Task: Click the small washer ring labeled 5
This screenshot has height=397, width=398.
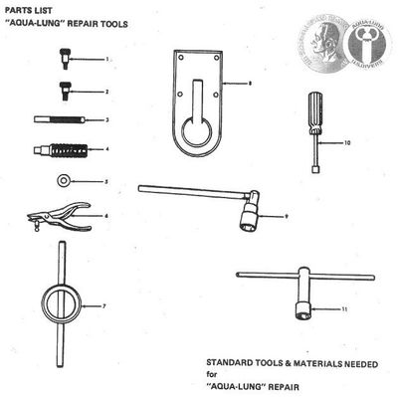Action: point(63,181)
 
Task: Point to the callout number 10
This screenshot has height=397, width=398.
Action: point(346,143)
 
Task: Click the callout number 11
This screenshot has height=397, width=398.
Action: point(343,309)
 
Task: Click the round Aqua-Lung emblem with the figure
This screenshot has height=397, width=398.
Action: point(367,37)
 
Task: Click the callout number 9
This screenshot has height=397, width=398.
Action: point(287,216)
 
